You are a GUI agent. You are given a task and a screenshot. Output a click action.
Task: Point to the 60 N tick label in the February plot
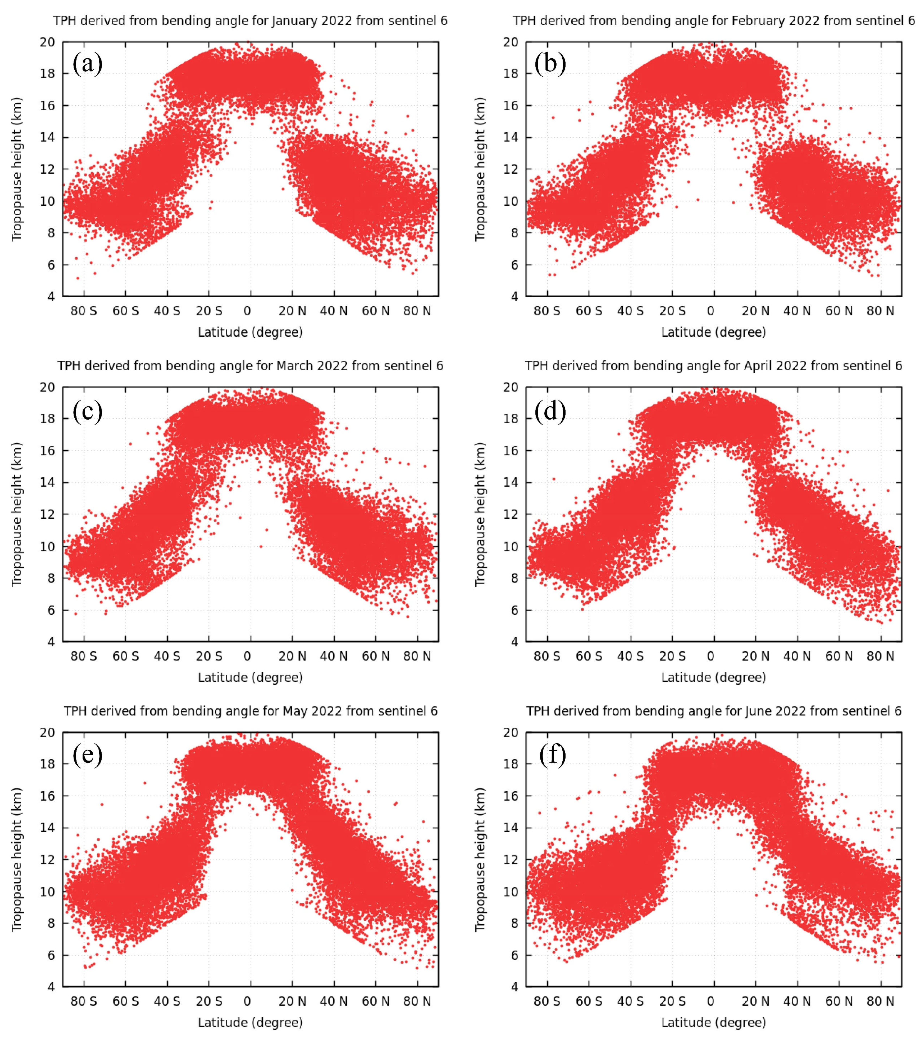839,311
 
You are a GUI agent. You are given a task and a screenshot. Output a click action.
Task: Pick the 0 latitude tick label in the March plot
247,656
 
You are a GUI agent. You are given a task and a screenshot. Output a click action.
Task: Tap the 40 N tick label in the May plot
334,1001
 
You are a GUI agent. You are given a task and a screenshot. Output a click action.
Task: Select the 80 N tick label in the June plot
880,1001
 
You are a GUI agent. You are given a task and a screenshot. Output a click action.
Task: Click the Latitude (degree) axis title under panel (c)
250,677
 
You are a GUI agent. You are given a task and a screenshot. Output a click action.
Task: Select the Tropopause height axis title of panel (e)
17,859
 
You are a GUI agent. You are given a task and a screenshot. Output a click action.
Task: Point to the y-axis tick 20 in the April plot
511,387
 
